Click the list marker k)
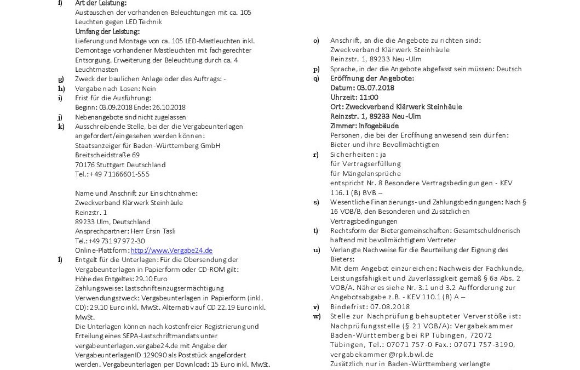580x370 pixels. tap(61, 126)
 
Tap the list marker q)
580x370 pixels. tap(316, 78)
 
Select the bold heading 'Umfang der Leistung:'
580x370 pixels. tap(107, 31)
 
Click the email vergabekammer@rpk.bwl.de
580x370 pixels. tap(382, 354)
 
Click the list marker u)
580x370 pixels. tap(316, 249)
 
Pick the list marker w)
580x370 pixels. tap(317, 316)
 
